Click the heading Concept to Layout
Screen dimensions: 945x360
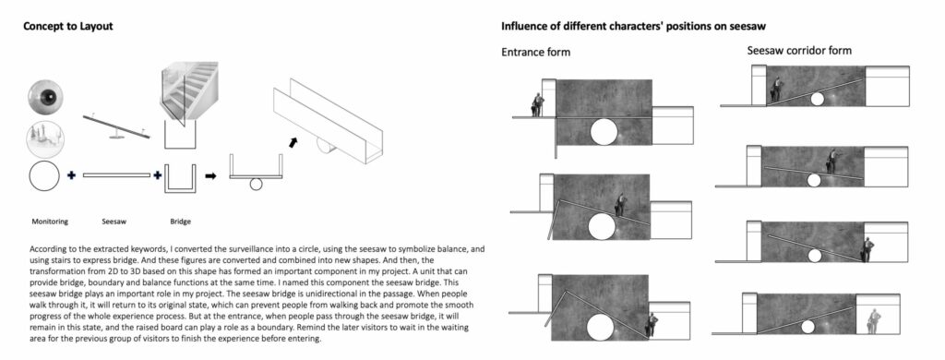click(67, 27)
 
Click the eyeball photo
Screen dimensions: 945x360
click(45, 97)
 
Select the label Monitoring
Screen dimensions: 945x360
click(50, 222)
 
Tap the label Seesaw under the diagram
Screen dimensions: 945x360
click(114, 222)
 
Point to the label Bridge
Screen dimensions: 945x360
click(180, 222)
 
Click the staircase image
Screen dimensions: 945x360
click(188, 92)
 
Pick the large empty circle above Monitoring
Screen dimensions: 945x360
click(44, 175)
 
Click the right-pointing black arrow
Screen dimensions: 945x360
click(210, 176)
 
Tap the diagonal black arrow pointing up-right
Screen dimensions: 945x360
click(293, 142)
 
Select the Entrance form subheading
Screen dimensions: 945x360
click(535, 52)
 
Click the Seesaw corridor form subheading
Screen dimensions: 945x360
click(799, 51)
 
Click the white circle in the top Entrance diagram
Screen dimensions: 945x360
click(604, 132)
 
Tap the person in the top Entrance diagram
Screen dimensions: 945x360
click(537, 105)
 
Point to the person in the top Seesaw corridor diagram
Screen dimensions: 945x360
click(776, 90)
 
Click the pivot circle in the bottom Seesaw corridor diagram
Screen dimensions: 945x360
click(807, 327)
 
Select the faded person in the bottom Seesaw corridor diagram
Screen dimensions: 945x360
click(873, 321)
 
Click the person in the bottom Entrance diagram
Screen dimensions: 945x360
click(651, 326)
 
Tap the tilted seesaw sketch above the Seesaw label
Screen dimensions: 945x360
click(116, 126)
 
